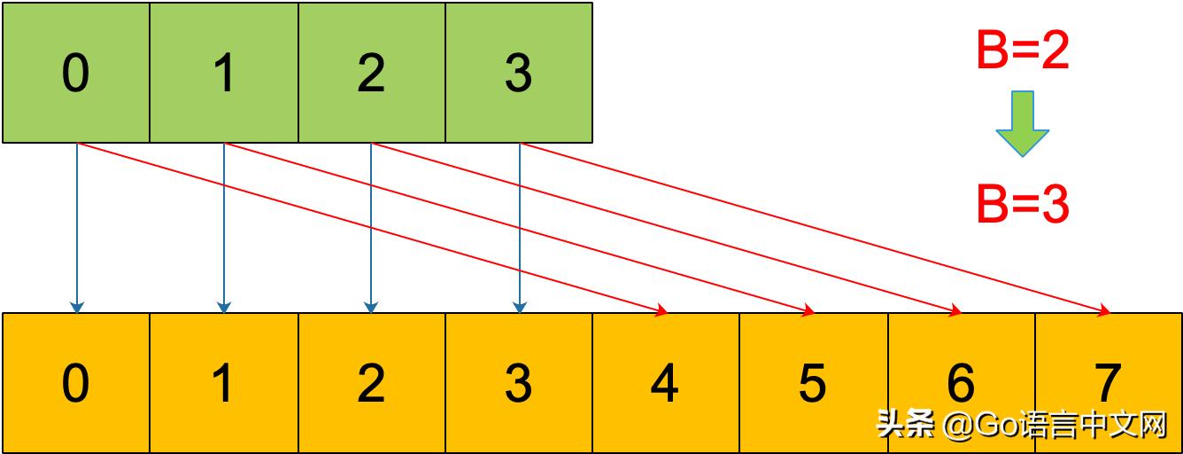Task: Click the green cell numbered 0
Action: click(76, 73)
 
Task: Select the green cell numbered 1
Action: click(224, 73)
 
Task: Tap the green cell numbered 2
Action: click(372, 73)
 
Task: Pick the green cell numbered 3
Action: click(519, 73)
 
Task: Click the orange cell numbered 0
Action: click(76, 383)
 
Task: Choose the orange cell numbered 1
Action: click(224, 383)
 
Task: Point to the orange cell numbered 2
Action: click(372, 383)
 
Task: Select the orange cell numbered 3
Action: click(519, 383)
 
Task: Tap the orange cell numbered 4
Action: click(665, 383)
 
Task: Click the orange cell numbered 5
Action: click(813, 383)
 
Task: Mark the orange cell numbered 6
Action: click(961, 383)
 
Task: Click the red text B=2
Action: click(1023, 51)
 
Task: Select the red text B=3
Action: click(1023, 205)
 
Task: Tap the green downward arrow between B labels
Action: click(1023, 124)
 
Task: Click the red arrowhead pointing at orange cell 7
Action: click(1104, 310)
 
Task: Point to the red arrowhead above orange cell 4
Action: click(661, 310)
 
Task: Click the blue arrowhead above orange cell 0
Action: click(77, 308)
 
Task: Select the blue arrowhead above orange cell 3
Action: click(519, 308)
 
